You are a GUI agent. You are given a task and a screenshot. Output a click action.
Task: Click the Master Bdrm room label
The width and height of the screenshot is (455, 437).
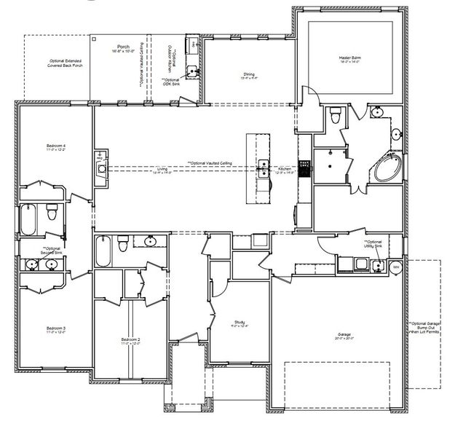[350, 58]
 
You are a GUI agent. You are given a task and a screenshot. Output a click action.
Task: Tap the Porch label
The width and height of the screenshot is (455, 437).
[122, 47]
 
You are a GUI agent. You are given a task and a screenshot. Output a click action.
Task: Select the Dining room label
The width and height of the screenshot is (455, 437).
[248, 75]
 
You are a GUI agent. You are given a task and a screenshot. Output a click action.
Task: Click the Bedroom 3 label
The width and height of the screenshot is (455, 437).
[56, 329]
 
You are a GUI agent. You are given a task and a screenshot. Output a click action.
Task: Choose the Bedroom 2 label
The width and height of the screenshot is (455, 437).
[130, 340]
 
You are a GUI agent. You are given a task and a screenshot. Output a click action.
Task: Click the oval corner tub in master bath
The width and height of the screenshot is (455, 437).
[387, 169]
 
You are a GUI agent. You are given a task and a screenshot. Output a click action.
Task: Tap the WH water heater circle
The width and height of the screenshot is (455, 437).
[397, 267]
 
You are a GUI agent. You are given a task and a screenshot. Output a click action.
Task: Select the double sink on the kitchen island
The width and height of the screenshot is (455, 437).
[264, 168]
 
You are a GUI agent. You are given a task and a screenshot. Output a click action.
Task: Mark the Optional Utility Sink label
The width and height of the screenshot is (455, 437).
[373, 244]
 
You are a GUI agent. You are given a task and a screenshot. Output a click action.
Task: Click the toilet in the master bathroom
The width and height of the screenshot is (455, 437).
[335, 114]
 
